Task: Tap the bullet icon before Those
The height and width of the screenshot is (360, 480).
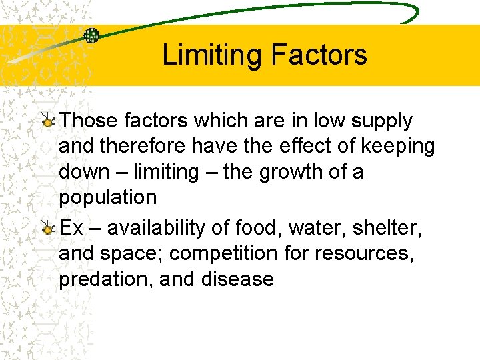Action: [x=48, y=121]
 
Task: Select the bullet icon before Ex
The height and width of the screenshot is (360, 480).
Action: [x=48, y=229]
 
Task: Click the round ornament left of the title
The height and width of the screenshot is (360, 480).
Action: [x=91, y=35]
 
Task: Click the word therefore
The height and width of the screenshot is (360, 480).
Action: [x=148, y=146]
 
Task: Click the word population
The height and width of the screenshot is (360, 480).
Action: [x=108, y=197]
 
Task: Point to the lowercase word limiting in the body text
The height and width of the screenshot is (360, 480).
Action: [x=166, y=172]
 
